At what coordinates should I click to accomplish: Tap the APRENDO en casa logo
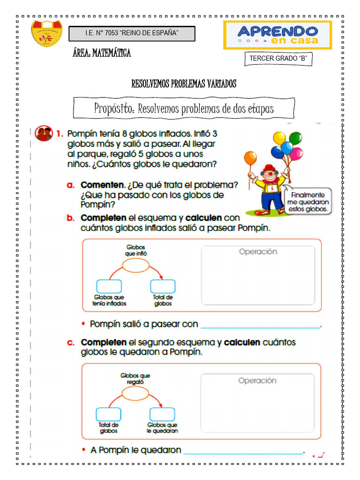click(x=277, y=35)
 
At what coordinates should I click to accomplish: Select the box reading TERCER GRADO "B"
click(x=278, y=59)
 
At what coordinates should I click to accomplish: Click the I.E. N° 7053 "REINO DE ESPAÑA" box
click(x=132, y=33)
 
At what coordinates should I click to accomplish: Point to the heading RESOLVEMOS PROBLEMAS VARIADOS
click(x=184, y=84)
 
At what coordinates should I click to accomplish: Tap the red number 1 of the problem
click(x=60, y=134)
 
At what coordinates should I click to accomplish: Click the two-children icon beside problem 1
click(x=44, y=134)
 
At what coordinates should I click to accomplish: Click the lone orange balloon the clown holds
click(x=251, y=158)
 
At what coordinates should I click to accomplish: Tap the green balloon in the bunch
click(x=295, y=138)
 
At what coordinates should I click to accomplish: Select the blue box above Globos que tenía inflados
click(x=109, y=286)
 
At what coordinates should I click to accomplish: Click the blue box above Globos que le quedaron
click(x=162, y=414)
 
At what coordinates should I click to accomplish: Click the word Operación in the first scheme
click(x=258, y=252)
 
